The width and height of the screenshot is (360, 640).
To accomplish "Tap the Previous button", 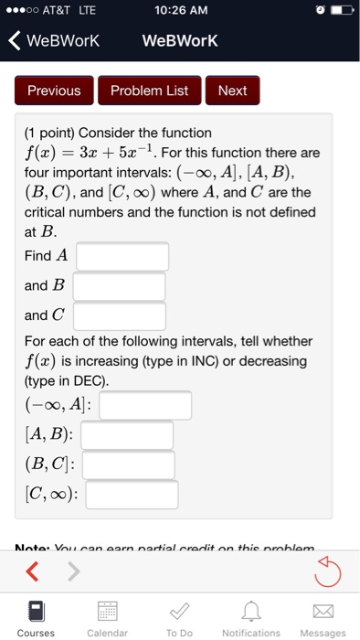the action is pos(54,91).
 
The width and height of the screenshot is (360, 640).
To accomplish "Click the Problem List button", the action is pos(149,91).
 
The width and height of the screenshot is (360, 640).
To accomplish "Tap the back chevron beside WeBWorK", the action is pos(14,41).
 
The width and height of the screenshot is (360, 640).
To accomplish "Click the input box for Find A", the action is pos(122,256).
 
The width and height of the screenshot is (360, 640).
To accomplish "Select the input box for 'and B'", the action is pos(119,286).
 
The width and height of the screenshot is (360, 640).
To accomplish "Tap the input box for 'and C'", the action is pos(119,316).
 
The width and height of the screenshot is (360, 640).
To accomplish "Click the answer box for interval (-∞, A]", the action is pos(145,405).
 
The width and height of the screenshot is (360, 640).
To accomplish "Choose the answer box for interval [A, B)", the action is pos(127,435).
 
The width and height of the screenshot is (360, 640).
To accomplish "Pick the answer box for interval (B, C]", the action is pos(128,465).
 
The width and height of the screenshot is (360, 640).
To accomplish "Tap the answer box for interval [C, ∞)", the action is pos(132,496).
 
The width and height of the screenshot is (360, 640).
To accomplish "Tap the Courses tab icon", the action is pos(36,610).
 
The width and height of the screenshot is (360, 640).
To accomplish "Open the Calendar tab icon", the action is pos(107,610).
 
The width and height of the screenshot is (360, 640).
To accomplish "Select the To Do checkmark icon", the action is pos(179,610).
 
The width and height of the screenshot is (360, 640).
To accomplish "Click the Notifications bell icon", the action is pos(251,610).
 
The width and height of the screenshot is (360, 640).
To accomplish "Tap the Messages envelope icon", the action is pos(323,610).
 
